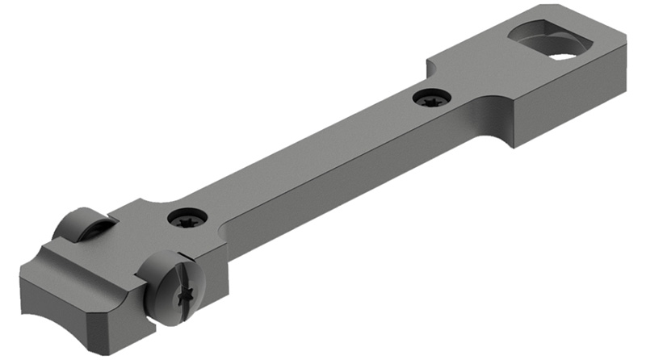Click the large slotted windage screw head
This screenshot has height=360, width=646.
pyautogui.click(x=174, y=286)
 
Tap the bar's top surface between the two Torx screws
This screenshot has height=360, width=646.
pyautogui.click(x=307, y=157)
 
